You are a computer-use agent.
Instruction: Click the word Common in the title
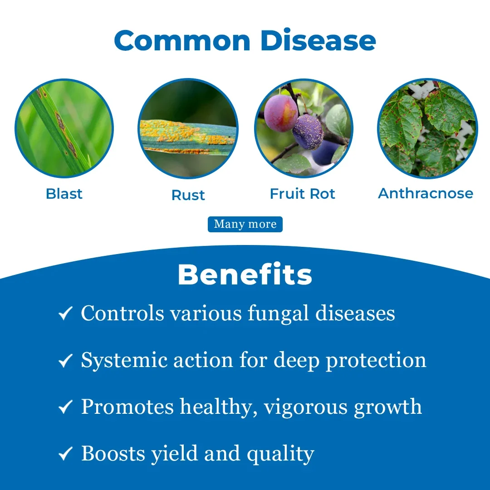(x=182, y=41)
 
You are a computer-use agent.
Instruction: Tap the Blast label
(x=64, y=194)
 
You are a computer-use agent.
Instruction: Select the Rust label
(x=188, y=195)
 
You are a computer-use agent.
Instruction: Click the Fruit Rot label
(x=303, y=194)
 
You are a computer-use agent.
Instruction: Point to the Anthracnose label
(x=426, y=193)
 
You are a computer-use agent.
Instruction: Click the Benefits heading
(x=245, y=274)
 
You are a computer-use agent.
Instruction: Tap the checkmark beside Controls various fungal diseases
(x=66, y=314)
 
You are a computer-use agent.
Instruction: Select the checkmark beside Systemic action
(x=66, y=360)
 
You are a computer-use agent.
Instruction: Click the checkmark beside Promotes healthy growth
(x=66, y=407)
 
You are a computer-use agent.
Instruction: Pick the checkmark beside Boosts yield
(x=66, y=454)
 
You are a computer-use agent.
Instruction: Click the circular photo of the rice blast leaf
(x=64, y=128)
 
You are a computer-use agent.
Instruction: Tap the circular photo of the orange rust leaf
(x=188, y=128)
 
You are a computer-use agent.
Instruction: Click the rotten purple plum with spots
(x=308, y=132)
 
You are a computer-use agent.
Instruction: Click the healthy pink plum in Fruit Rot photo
(x=281, y=113)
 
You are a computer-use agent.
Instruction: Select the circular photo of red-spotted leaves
(x=427, y=128)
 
